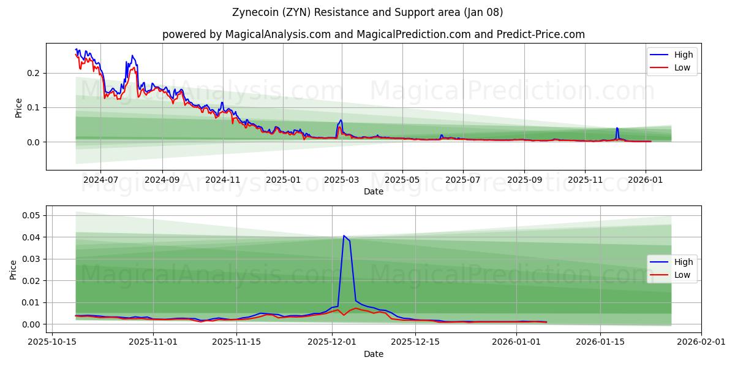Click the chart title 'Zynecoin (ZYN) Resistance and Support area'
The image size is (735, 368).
point(367,12)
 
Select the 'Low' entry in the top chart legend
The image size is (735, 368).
point(682,67)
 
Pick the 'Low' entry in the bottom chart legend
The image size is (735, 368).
point(682,275)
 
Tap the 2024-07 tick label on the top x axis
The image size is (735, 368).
point(100,181)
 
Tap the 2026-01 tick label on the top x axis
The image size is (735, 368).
point(645,181)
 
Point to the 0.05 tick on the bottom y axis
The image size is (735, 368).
point(30,215)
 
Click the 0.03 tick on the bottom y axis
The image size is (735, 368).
point(30,259)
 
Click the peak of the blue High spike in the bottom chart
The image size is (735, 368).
point(344,236)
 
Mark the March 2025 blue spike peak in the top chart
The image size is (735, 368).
point(341,120)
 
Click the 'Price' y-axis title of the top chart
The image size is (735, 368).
point(18,107)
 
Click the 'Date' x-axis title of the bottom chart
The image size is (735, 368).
point(374,354)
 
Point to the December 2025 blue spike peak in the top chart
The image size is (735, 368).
point(617,128)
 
